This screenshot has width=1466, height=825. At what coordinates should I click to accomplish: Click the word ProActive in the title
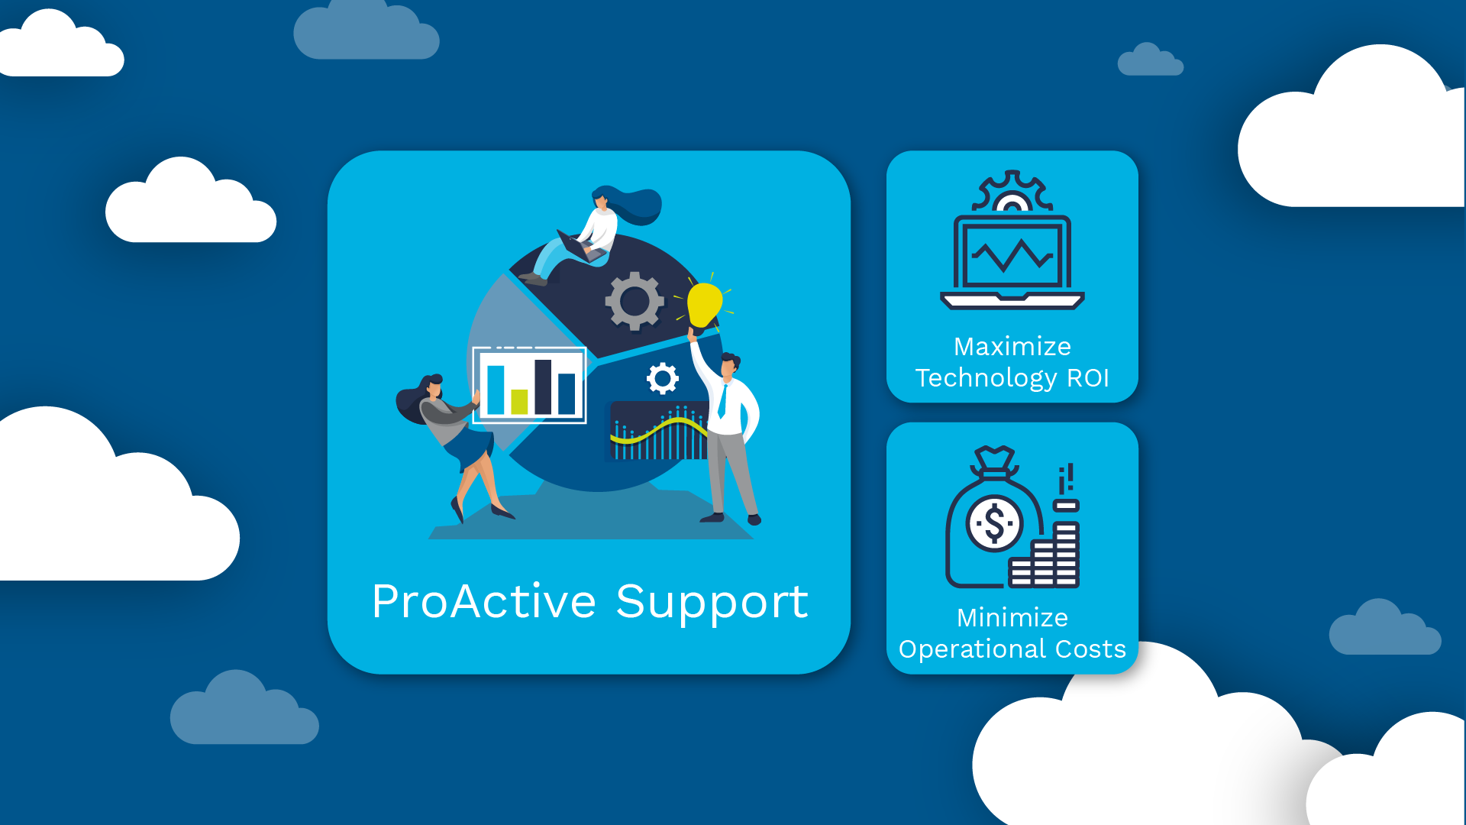pos(483,601)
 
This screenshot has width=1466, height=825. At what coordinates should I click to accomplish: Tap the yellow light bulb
pos(704,304)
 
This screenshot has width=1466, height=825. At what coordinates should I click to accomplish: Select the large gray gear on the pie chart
pos(635,301)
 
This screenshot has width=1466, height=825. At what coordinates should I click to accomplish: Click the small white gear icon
pos(662,378)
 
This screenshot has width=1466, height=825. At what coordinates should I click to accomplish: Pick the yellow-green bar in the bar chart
pos(519,401)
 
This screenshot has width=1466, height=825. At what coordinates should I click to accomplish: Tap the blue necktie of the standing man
pos(722,401)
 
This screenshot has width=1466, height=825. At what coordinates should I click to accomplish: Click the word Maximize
pos(1012,347)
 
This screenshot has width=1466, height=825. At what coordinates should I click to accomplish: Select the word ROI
pos(1087,378)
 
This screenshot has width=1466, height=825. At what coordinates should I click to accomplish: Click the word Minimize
pos(1012,618)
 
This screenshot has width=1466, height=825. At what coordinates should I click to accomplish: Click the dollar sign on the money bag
pos(994,524)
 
